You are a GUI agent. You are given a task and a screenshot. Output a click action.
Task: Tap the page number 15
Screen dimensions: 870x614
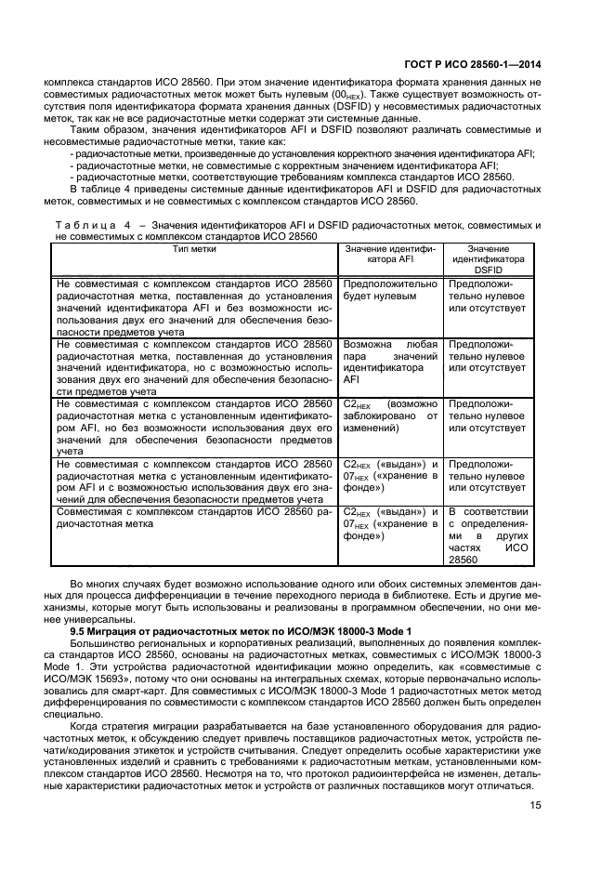(534, 806)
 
